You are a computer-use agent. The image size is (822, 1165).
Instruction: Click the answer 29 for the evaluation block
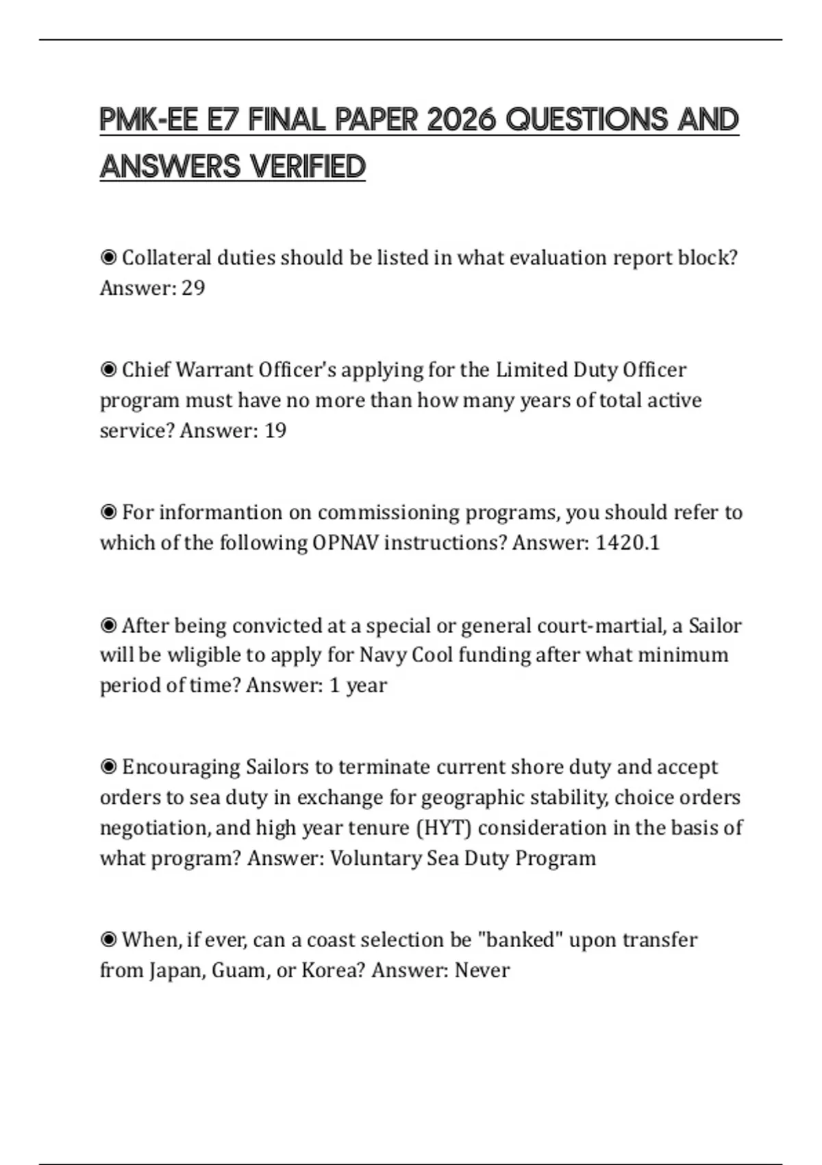[x=193, y=288]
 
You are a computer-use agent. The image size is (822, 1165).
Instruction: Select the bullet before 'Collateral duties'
[x=108, y=258]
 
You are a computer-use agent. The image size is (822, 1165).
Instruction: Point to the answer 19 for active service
[x=275, y=430]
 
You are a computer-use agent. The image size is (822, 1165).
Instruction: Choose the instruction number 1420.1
[x=627, y=543]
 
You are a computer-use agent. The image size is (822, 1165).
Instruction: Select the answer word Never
[x=482, y=970]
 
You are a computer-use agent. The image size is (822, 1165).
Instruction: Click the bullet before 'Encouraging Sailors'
[x=108, y=767]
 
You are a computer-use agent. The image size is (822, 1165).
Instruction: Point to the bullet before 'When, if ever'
[x=108, y=940]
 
